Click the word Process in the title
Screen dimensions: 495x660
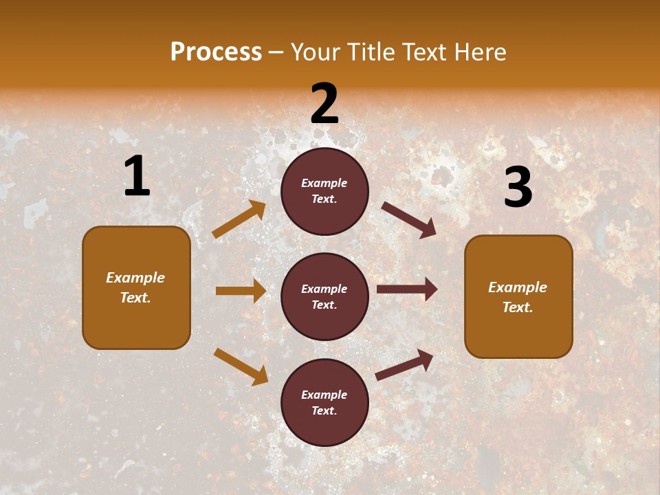coord(216,52)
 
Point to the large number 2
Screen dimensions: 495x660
coord(324,104)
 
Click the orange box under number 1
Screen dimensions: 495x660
coord(136,287)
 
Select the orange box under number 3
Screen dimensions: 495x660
coord(518,297)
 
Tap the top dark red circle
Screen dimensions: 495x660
coord(324,191)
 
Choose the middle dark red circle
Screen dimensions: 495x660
coord(324,297)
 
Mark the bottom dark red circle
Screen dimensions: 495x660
coord(324,403)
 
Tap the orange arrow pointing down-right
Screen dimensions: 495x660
coord(241,366)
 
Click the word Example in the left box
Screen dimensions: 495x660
coord(135,278)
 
